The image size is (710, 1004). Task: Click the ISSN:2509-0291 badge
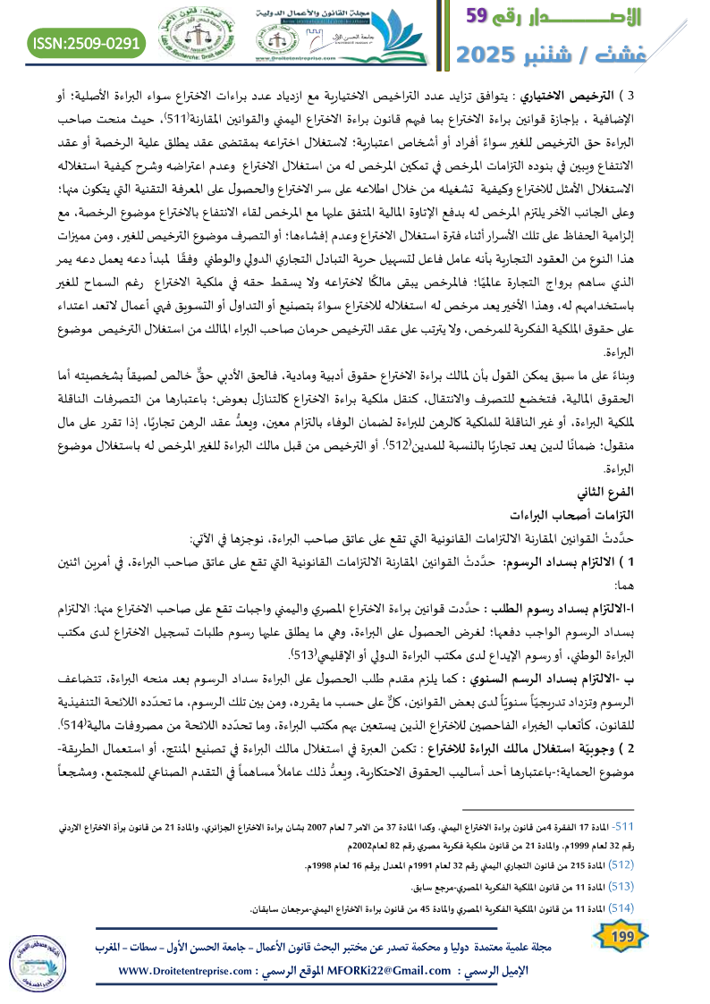[x=88, y=42]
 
